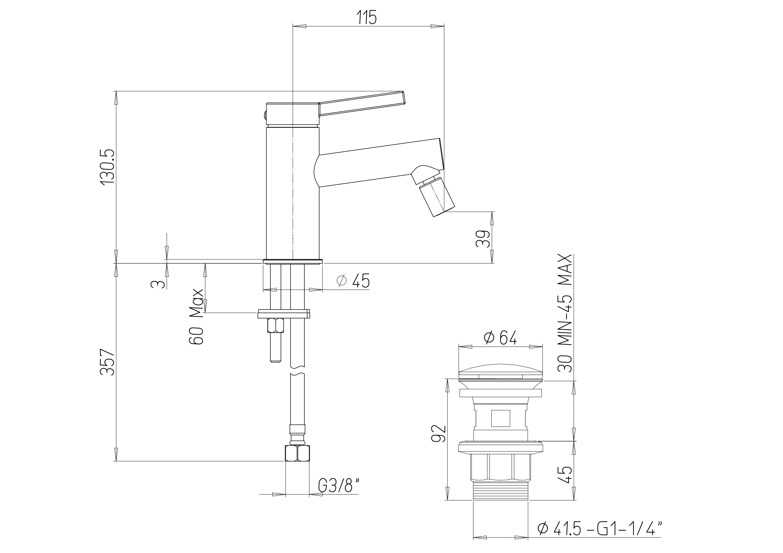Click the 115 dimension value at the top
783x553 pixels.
(x=367, y=17)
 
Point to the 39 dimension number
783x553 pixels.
(x=483, y=239)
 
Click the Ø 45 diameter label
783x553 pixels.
(x=353, y=281)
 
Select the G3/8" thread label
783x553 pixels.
(x=339, y=486)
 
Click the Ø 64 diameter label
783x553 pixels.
(x=500, y=337)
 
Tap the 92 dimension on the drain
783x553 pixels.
(x=439, y=433)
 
